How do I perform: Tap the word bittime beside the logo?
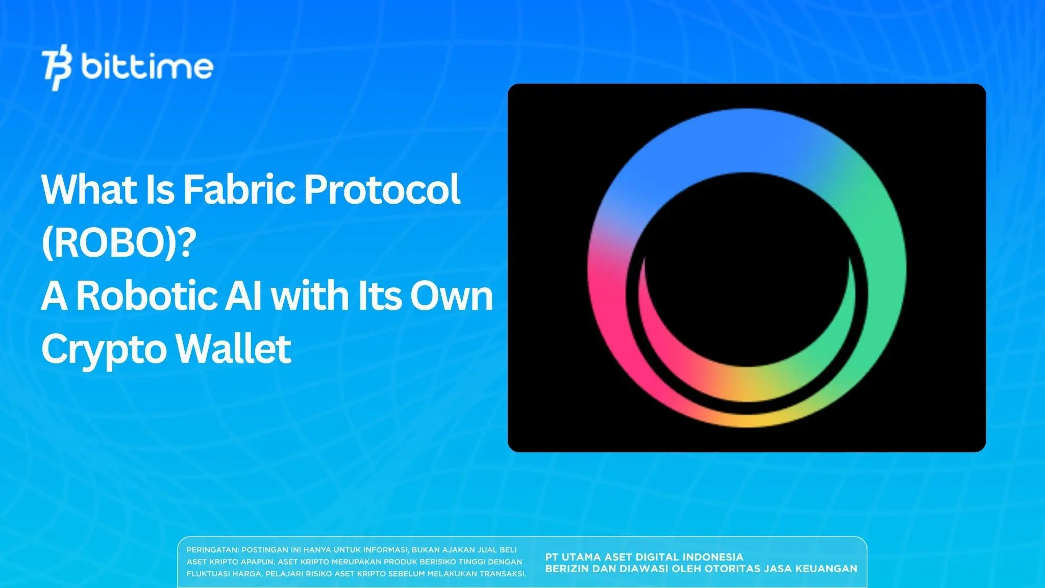[x=147, y=66]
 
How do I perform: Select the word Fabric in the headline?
[x=240, y=189]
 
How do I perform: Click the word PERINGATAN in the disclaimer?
[x=212, y=550]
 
